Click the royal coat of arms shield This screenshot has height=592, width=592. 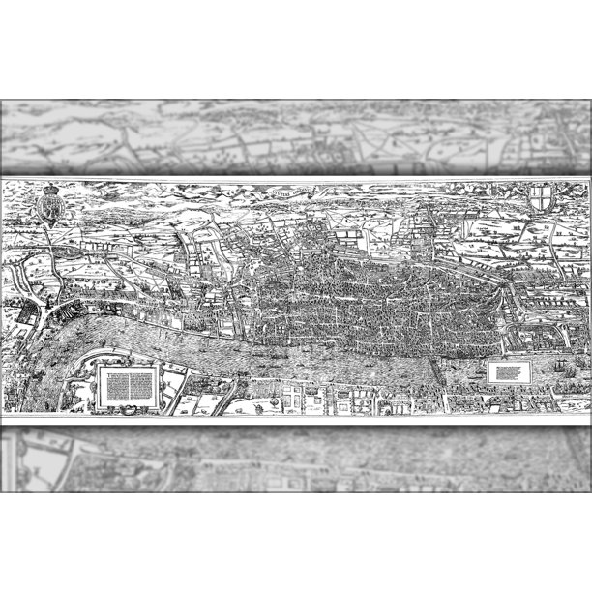click(x=50, y=208)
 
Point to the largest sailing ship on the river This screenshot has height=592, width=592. click(x=567, y=369)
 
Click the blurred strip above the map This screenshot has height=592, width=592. click(x=296, y=136)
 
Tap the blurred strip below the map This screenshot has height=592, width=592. click(x=296, y=459)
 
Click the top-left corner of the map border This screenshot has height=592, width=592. click(x=3, y=180)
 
